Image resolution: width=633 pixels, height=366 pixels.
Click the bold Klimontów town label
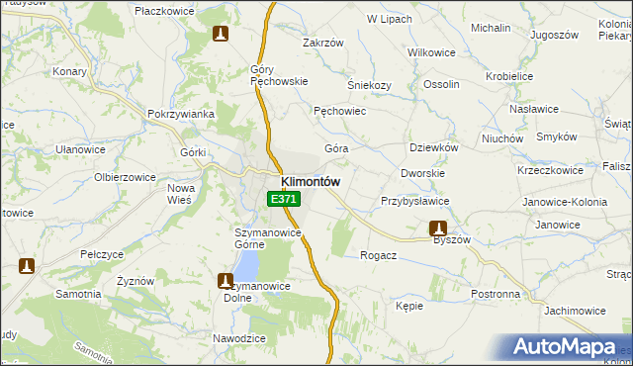tap(311, 182)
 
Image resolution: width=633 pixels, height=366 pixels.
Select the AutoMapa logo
tap(569, 347)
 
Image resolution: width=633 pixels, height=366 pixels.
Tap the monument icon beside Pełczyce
tap(27, 266)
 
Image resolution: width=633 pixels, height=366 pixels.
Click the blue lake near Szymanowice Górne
tap(247, 263)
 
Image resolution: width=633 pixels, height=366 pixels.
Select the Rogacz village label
tap(379, 254)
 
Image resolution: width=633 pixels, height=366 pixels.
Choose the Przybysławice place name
tap(415, 201)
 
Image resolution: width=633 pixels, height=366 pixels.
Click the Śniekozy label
tap(370, 85)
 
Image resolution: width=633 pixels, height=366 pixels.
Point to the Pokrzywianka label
tap(181, 114)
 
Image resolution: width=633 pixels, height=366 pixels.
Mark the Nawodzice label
tap(239, 338)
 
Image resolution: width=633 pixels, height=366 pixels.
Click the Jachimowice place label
tap(574, 310)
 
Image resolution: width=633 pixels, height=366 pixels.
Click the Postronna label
tap(496, 294)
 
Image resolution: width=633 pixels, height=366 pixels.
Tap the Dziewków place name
tap(433, 147)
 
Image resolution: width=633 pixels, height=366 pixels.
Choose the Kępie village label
tap(409, 307)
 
